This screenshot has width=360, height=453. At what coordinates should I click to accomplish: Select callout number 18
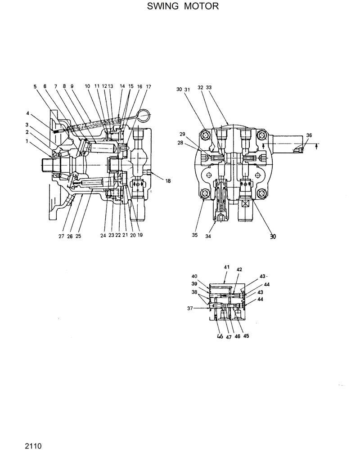168,181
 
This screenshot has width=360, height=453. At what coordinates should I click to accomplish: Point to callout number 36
308,135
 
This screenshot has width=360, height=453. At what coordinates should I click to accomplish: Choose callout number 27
62,236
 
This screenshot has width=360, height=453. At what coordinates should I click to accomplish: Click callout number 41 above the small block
227,267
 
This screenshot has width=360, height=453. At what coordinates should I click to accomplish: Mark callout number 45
246,336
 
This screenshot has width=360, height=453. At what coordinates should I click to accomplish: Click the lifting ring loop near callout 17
145,116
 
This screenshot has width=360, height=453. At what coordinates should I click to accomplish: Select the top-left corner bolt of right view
206,135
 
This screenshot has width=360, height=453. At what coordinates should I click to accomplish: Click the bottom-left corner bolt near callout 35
206,193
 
